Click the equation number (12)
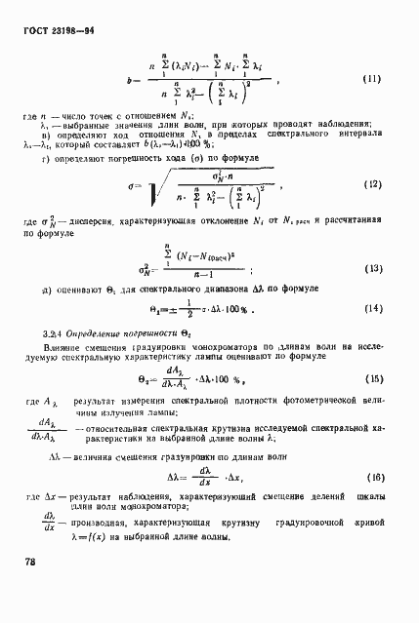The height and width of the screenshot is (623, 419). (x=370, y=183)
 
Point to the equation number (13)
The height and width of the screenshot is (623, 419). (x=371, y=267)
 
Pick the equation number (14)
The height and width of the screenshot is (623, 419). (x=371, y=308)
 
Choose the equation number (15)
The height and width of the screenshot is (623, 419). (x=371, y=378)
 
